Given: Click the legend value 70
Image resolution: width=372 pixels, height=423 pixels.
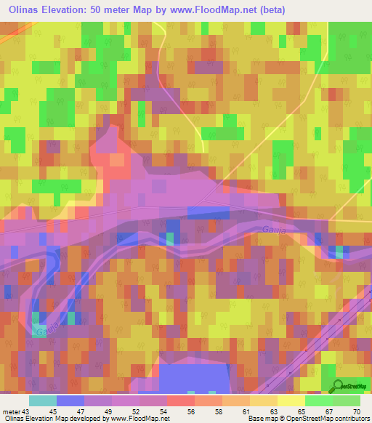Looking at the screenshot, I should (x=355, y=411).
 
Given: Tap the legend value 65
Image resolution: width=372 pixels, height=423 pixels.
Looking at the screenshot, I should (x=301, y=411).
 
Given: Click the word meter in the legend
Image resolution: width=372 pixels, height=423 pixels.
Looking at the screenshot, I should (x=12, y=411).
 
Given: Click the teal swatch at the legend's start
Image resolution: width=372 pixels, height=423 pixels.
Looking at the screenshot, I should (x=42, y=400).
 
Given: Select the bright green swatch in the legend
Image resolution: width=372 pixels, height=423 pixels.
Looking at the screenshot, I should (x=318, y=400).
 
